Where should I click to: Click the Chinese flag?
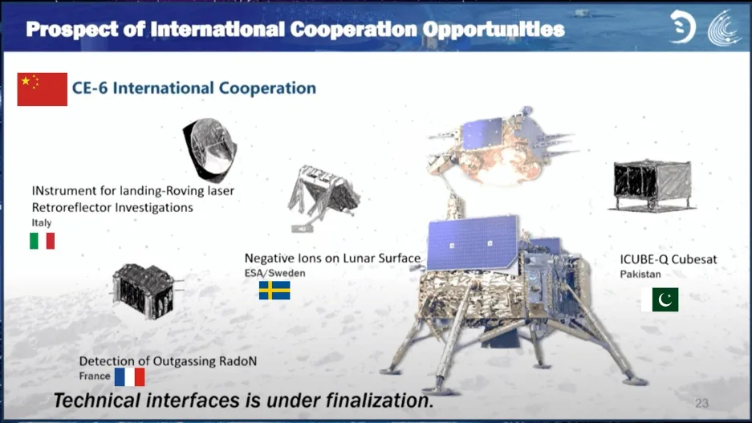43,89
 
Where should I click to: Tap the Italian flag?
43,241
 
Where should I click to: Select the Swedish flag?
274,291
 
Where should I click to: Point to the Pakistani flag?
660,299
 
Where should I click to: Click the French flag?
129,377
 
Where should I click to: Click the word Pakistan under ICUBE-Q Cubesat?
640,275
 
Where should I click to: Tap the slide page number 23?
701,404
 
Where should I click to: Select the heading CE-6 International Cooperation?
193,88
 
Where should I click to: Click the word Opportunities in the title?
494,29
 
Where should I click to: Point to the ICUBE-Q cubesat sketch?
652,186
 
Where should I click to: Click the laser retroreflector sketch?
209,149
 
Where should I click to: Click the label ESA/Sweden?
274,274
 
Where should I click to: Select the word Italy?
42,222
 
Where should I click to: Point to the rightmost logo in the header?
724,28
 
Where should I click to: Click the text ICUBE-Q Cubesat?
668,259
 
